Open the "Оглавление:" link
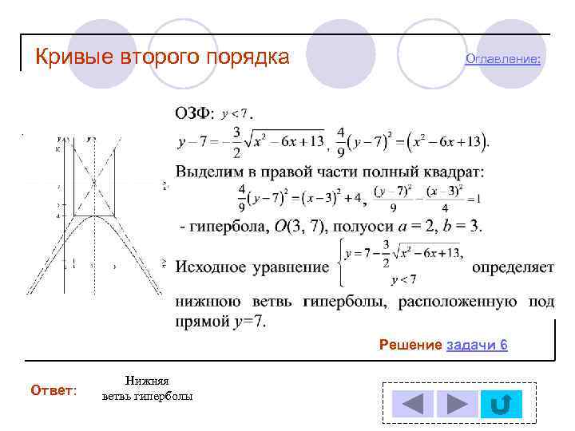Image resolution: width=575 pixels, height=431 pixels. point(502,59)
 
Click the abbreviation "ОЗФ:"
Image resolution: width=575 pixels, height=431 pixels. point(195,115)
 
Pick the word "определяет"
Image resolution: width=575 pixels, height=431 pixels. point(513,267)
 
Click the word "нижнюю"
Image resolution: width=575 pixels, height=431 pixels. point(204,302)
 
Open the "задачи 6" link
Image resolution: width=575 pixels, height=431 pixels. point(478,345)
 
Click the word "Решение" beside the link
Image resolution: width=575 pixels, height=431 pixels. point(410,345)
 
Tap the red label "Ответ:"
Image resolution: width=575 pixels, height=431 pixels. point(54,390)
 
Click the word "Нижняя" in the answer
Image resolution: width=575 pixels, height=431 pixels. point(147,382)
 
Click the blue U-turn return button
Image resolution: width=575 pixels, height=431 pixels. point(502,404)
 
